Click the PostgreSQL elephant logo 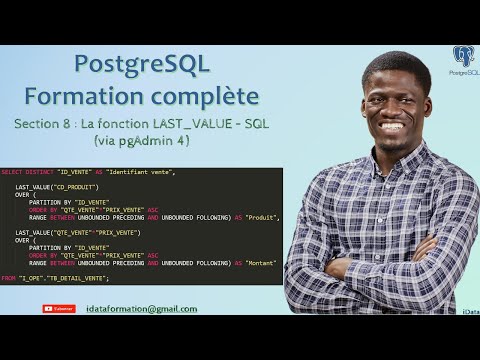pos(463,56)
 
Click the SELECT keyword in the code pos(13,173)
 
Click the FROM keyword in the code pos(9,277)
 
